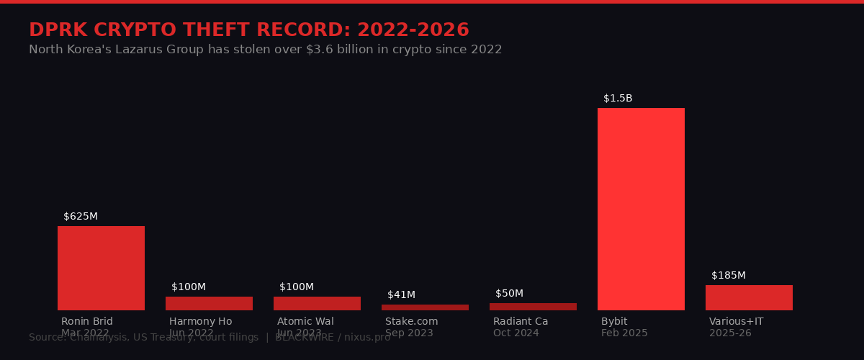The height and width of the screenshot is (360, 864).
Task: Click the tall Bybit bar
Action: click(641, 209)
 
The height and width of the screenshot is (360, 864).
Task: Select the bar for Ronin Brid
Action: click(101, 268)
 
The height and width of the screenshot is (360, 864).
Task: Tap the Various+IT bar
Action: click(749, 297)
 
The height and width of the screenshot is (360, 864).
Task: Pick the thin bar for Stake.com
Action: click(425, 307)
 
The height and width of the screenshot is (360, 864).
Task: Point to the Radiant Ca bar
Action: click(533, 307)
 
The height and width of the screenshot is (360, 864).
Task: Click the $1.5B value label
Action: click(618, 99)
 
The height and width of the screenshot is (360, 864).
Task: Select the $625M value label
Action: click(81, 217)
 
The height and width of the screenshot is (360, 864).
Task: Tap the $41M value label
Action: click(401, 295)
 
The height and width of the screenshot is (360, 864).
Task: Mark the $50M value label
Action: click(509, 294)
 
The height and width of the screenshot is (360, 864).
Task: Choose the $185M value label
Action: click(729, 276)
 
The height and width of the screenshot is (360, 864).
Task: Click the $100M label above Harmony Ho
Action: click(189, 287)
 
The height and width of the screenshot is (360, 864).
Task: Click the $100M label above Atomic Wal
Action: click(297, 287)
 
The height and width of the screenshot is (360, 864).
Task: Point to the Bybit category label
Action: click(614, 322)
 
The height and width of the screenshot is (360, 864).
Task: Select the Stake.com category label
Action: click(411, 322)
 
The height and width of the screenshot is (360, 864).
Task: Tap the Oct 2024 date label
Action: click(516, 333)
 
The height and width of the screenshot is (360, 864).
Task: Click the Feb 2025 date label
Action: click(624, 333)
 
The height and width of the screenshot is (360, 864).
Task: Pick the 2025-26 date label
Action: click(730, 333)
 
